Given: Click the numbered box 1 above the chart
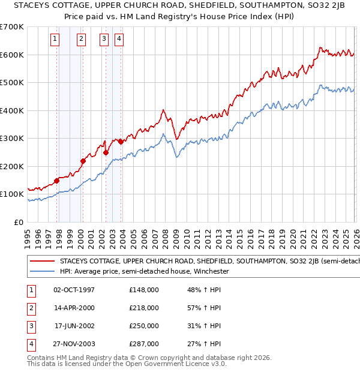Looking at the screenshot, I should pyautogui.click(x=55, y=40).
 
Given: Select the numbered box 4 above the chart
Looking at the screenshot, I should pyautogui.click(x=119, y=40).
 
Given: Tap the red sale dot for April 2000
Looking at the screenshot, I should pyautogui.click(x=83, y=161).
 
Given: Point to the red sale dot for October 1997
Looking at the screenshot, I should pyautogui.click(x=56, y=181).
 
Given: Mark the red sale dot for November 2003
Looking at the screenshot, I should pyautogui.click(x=121, y=142).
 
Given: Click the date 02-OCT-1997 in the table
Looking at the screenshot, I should pyautogui.click(x=74, y=290).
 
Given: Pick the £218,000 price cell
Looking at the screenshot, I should pyautogui.click(x=144, y=308).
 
